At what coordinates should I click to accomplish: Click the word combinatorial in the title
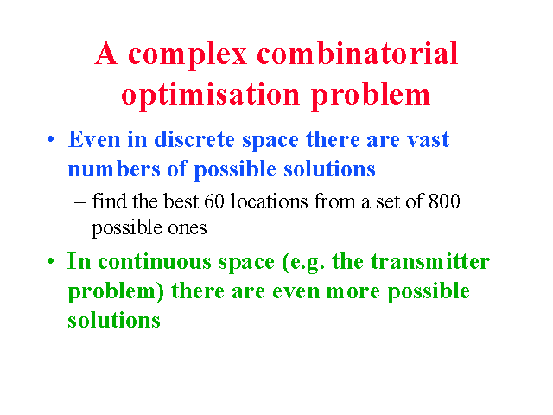click(x=357, y=54)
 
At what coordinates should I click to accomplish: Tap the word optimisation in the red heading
click(x=211, y=95)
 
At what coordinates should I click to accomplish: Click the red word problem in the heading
click(x=371, y=95)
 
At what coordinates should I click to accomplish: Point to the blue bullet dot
click(x=51, y=139)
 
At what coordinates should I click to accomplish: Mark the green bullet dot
click(x=51, y=261)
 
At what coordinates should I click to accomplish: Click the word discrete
click(x=194, y=139)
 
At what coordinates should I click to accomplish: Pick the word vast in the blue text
click(x=429, y=140)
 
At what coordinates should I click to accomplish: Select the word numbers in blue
click(x=114, y=169)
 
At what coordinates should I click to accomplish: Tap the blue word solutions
click(x=329, y=169)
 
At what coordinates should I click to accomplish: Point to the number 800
click(x=444, y=201)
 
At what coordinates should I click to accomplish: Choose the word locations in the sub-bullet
click(x=269, y=201)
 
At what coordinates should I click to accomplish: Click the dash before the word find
click(x=80, y=202)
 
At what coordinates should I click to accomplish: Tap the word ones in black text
click(x=188, y=228)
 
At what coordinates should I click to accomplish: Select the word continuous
click(x=154, y=261)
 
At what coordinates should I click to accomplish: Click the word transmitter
click(x=430, y=261)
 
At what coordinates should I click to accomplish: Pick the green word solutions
click(x=114, y=320)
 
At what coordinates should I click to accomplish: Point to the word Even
click(x=94, y=139)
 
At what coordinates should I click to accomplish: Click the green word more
click(x=353, y=292)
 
